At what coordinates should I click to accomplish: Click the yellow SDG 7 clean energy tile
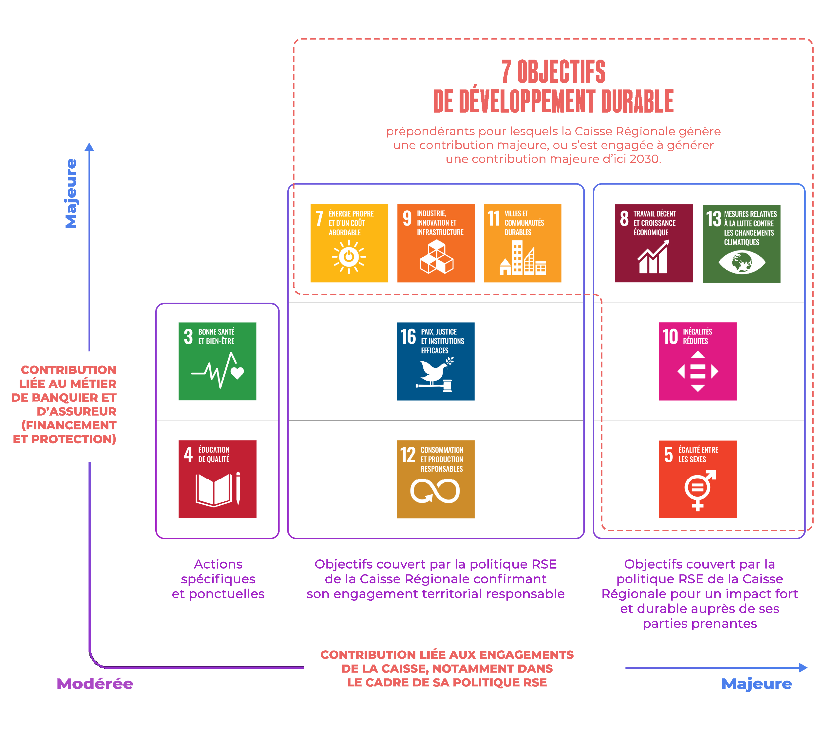coord(349,243)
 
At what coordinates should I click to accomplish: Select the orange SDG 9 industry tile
coord(436,243)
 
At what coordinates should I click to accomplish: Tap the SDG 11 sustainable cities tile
coord(523,243)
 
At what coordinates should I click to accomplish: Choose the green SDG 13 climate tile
coord(742,243)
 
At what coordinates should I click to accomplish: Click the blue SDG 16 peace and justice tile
coord(436,361)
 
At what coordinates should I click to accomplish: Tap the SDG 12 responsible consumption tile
coord(436,479)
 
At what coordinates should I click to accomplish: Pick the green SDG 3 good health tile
coord(217,361)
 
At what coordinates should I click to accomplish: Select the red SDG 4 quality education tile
coord(217,479)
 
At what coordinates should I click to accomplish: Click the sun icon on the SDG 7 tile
coord(349,257)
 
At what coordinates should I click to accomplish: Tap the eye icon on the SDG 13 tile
coord(742,262)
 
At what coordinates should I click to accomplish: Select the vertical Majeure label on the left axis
coord(71,194)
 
